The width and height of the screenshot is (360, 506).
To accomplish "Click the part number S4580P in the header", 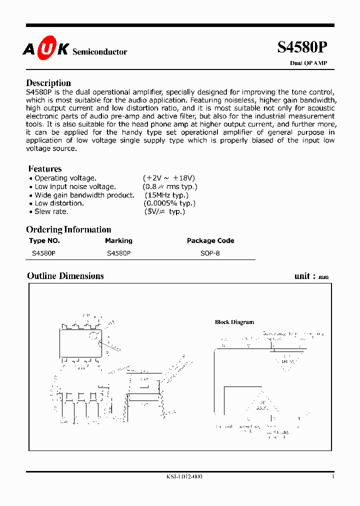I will click(x=302, y=47).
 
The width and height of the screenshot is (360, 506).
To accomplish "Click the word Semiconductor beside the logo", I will click(x=100, y=52).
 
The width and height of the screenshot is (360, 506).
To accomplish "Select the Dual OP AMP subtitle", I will click(x=308, y=63).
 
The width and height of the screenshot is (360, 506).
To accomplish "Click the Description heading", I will click(x=48, y=83).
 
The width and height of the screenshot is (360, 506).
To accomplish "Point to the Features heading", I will click(x=45, y=169).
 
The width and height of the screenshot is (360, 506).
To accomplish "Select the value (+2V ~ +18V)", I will click(x=169, y=178).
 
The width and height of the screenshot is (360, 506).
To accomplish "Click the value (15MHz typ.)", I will click(x=169, y=195).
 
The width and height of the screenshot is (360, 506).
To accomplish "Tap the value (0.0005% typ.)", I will click(x=169, y=203).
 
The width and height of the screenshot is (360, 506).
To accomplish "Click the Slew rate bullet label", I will click(x=51, y=212).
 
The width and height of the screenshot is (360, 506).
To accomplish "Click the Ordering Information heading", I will click(x=68, y=230).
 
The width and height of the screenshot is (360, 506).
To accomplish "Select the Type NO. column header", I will click(x=44, y=240).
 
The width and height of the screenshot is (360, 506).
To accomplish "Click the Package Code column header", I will click(x=210, y=240).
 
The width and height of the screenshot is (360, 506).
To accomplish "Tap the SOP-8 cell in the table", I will click(x=210, y=253).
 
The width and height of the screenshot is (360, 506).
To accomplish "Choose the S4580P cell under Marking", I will click(x=119, y=253).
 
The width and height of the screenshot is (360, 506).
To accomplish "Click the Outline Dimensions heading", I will click(x=65, y=276).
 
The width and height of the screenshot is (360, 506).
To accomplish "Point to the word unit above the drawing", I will click(x=302, y=276).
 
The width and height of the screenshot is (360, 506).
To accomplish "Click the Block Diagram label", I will click(x=234, y=322).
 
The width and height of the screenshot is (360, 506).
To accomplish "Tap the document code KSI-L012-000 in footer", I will click(x=184, y=477).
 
